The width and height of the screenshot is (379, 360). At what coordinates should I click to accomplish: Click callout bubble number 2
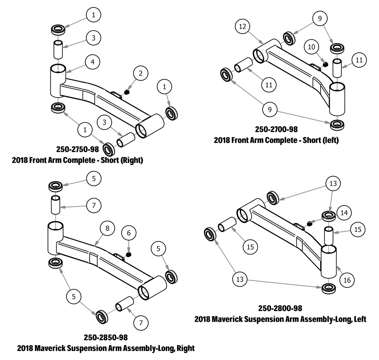141,73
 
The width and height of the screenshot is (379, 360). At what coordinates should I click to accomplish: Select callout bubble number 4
93,62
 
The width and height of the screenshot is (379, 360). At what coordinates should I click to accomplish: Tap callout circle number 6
129,233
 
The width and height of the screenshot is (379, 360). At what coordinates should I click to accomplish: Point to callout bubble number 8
107,228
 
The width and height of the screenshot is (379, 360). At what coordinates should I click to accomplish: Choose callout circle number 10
312,47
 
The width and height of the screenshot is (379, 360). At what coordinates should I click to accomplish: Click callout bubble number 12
242,27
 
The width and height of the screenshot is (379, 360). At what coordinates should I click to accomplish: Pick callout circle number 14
344,213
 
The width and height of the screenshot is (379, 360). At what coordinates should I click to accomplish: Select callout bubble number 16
347,280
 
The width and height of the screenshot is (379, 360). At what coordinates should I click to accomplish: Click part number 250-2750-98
77,149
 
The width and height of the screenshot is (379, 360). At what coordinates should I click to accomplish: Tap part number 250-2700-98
276,129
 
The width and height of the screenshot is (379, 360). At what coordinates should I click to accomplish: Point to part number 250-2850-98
106,338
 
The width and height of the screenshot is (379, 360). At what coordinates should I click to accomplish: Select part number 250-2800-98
280,308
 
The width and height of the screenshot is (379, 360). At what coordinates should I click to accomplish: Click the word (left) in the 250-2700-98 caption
329,140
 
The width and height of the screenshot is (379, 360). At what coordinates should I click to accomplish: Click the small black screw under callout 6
129,254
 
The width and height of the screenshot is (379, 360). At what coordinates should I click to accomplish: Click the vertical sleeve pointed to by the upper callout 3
58,49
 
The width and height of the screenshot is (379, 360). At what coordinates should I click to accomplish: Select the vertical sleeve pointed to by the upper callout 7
55,205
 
